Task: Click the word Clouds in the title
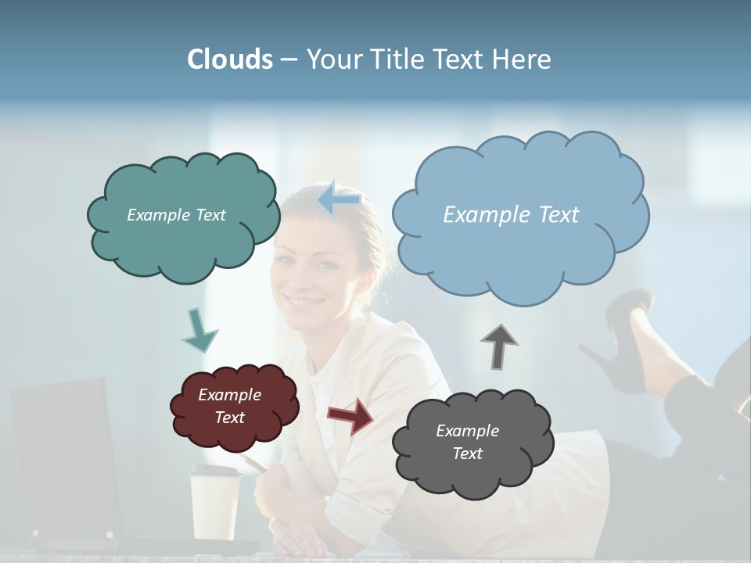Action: (x=230, y=59)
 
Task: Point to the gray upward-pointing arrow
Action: (x=499, y=346)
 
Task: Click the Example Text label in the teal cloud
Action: (x=176, y=214)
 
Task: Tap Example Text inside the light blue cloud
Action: (x=511, y=214)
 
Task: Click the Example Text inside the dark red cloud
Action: (x=230, y=406)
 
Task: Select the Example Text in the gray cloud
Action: (x=467, y=442)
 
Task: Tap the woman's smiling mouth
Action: (x=304, y=300)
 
